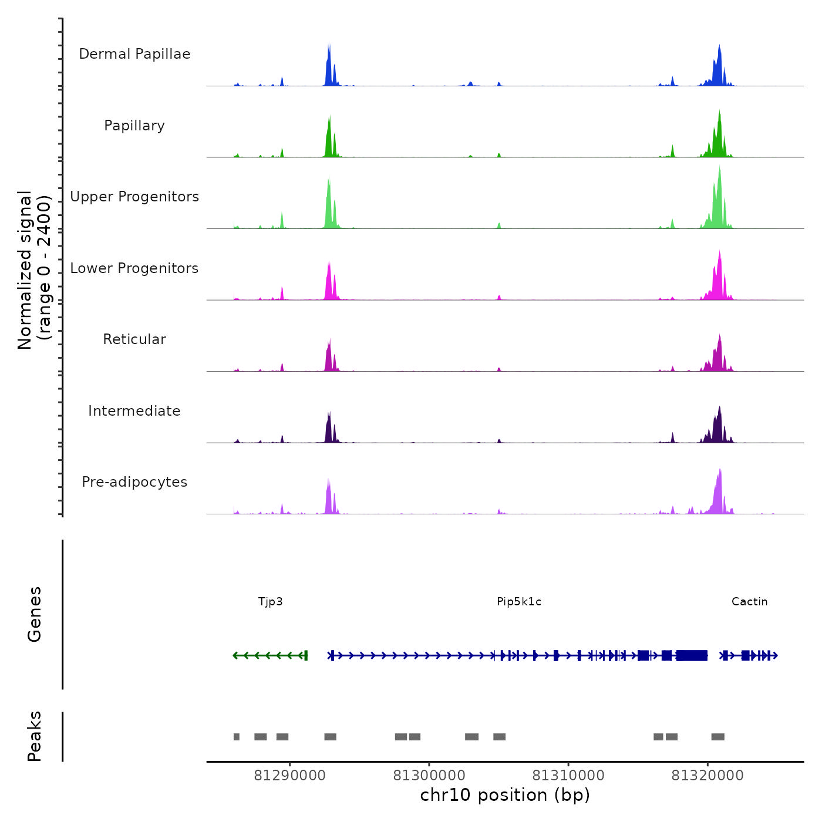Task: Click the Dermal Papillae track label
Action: (134, 54)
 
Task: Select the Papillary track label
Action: (134, 126)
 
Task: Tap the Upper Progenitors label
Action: (134, 197)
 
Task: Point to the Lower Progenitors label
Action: (134, 268)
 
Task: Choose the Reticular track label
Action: (134, 339)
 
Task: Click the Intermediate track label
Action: (134, 411)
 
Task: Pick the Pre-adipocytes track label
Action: (134, 482)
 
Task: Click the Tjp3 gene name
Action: (271, 601)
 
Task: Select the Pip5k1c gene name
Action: (519, 601)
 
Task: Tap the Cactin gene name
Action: (750, 601)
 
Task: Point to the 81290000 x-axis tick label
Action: (289, 775)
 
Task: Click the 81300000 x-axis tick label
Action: (429, 775)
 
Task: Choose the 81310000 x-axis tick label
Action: (568, 775)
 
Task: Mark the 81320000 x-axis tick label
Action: (708, 775)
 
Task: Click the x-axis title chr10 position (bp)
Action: (505, 795)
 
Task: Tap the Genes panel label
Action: (35, 614)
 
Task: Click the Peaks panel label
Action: (35, 736)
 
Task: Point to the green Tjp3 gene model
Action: (270, 655)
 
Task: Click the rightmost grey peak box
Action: (717, 737)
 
